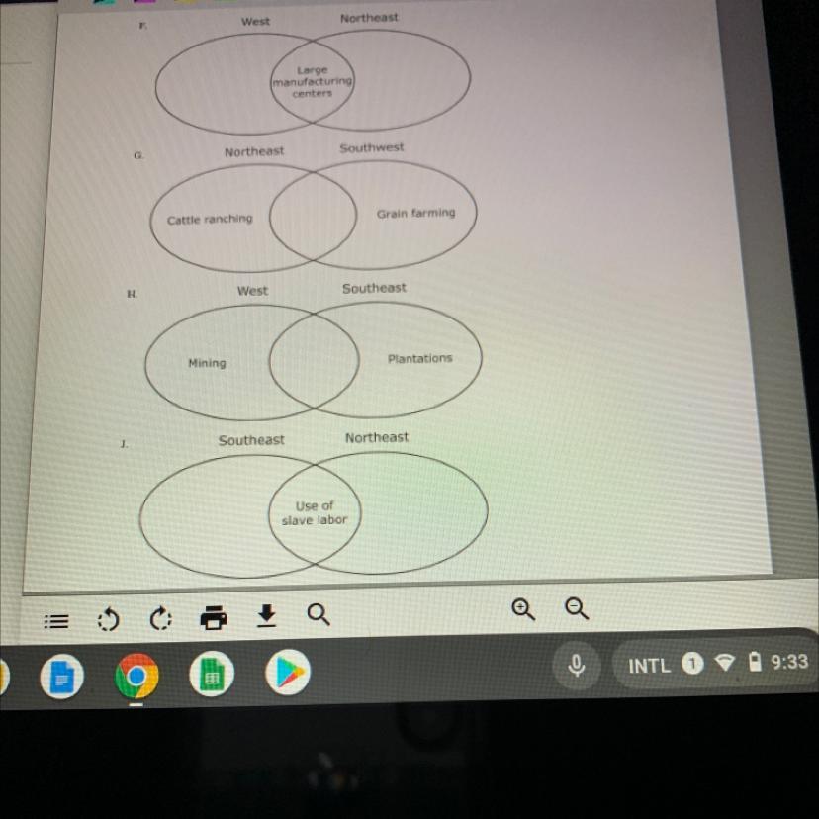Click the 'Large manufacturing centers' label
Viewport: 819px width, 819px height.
click(x=313, y=82)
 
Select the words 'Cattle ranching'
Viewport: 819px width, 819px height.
click(x=210, y=220)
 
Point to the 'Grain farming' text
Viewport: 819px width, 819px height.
click(x=415, y=213)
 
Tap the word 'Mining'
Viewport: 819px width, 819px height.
click(x=207, y=363)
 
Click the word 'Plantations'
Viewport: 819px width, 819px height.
click(x=419, y=359)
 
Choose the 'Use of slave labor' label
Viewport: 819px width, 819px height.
click(x=314, y=512)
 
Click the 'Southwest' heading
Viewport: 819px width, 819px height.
click(x=372, y=147)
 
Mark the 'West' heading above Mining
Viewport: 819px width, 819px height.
click(x=252, y=291)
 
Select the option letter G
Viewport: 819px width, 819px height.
click(x=138, y=156)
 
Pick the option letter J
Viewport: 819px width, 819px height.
click(x=124, y=445)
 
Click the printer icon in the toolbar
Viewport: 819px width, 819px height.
click(x=214, y=618)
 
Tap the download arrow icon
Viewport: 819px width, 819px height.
click(x=265, y=617)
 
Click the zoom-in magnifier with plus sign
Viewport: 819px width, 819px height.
click(x=522, y=609)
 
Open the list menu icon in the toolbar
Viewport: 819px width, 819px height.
click(x=57, y=622)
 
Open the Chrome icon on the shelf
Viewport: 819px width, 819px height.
click(x=136, y=678)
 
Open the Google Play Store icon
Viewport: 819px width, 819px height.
click(x=287, y=675)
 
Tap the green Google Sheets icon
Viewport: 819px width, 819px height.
click(x=210, y=678)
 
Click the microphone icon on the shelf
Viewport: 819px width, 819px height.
click(x=577, y=666)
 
